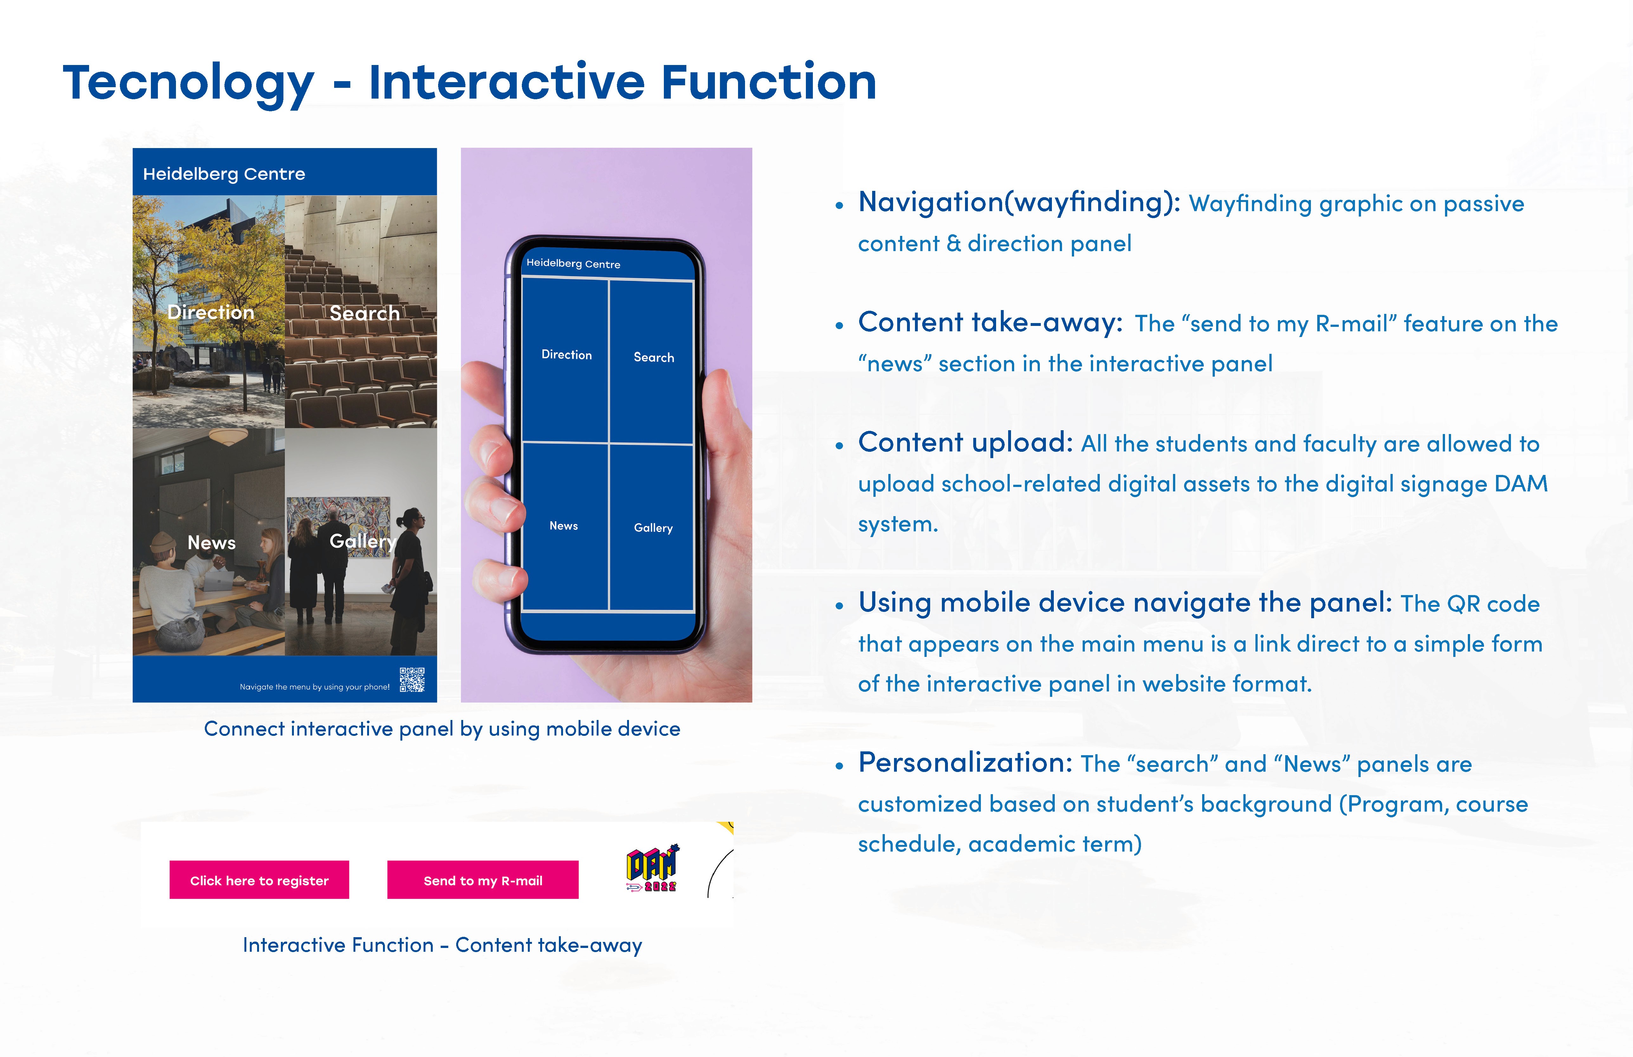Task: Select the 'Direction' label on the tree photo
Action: (211, 312)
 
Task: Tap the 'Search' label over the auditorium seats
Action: (364, 313)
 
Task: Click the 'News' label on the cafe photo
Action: (211, 543)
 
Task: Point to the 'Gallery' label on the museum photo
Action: (362, 541)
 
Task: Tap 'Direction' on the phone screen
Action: (567, 354)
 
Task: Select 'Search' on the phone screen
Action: (654, 357)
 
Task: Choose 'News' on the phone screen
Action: (563, 526)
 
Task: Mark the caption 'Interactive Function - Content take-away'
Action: (443, 945)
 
